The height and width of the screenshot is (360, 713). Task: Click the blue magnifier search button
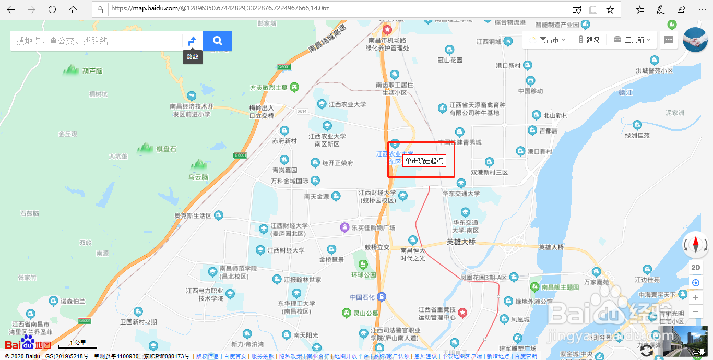(x=217, y=41)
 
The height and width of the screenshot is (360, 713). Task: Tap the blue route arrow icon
(x=192, y=41)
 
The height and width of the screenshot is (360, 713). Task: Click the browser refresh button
(x=52, y=9)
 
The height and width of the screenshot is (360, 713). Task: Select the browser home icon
(x=73, y=9)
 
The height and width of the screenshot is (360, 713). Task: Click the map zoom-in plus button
(x=695, y=297)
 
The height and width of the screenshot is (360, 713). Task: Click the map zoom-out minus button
(x=695, y=311)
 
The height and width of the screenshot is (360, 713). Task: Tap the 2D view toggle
(x=695, y=268)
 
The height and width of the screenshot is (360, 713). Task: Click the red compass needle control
(x=695, y=244)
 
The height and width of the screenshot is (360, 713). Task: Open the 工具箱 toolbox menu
(x=632, y=40)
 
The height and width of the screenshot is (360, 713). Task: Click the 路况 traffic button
(x=588, y=40)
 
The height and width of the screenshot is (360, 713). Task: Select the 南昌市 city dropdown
(x=548, y=40)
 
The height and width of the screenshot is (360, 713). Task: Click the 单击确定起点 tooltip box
(x=424, y=161)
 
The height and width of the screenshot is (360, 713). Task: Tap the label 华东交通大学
(x=461, y=194)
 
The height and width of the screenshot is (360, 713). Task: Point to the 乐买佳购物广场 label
(x=373, y=228)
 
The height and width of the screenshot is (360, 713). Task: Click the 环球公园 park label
(x=363, y=274)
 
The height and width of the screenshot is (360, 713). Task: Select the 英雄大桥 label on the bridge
(x=461, y=242)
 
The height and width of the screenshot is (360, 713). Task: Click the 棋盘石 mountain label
(x=166, y=149)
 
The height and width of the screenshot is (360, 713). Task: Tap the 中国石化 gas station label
(x=362, y=297)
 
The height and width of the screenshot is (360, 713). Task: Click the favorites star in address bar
(x=610, y=9)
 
